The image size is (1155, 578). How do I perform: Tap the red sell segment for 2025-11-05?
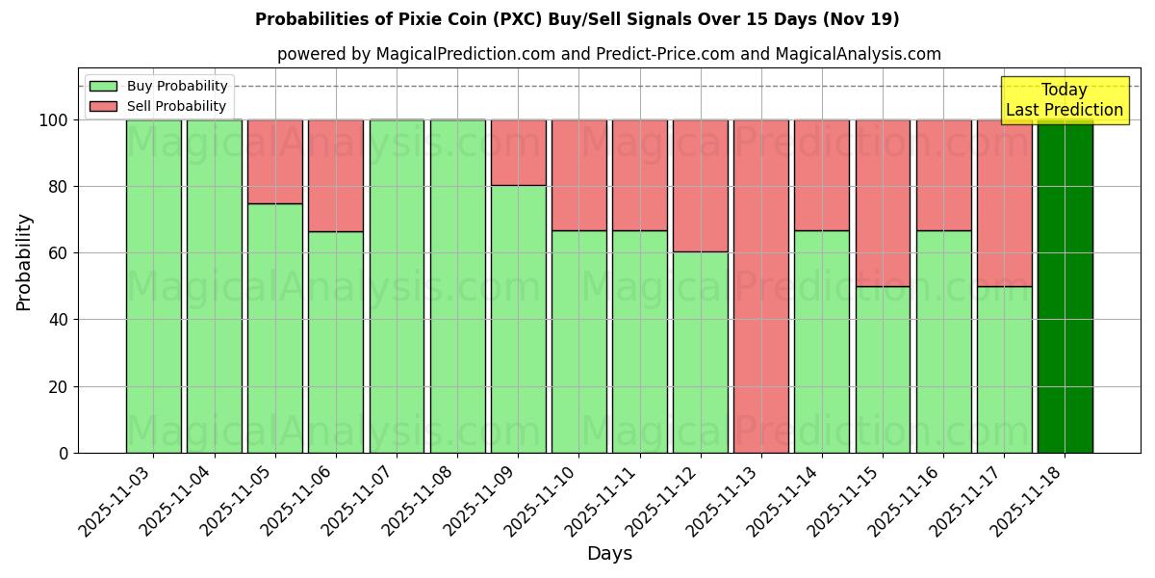point(274,161)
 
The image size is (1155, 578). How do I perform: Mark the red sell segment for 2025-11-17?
point(1004,202)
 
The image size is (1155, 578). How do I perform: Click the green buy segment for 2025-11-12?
point(700,352)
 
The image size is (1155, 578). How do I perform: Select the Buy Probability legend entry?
point(158,86)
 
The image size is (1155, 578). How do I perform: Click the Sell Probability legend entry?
point(158,106)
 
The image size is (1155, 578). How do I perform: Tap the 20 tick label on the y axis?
point(57,387)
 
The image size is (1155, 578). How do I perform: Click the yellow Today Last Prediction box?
point(1064,100)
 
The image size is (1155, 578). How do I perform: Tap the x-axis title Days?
point(609,554)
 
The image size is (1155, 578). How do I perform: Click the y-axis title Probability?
point(24,261)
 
